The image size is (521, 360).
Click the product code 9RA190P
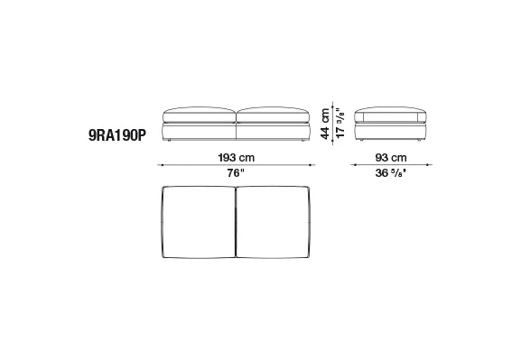point(117,135)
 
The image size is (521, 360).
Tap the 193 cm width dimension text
point(237,157)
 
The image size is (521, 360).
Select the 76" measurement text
point(236,173)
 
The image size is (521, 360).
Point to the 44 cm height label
point(325,124)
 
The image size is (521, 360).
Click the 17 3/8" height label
point(340,123)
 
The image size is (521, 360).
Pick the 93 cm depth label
point(391,157)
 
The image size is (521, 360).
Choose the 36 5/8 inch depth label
point(391,173)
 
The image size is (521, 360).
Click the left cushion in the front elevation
point(200,115)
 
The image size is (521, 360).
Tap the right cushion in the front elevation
point(273,115)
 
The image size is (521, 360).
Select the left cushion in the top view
point(199,222)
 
